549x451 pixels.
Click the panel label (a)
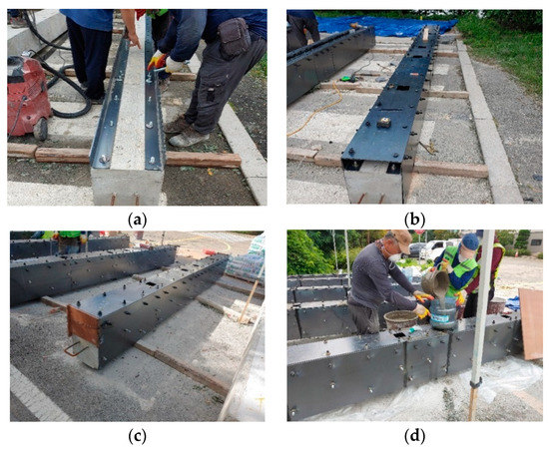pyautogui.click(x=137, y=221)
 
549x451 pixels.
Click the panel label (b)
pyautogui.click(x=414, y=221)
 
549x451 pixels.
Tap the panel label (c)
pyautogui.click(x=137, y=436)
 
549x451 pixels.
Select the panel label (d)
pyautogui.click(x=414, y=436)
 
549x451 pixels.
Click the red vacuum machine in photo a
pyautogui.click(x=27, y=96)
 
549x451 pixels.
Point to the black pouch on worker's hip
pyautogui.click(x=234, y=36)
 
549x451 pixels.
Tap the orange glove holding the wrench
pyautogui.click(x=156, y=61)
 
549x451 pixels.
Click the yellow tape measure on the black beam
pyautogui.click(x=383, y=122)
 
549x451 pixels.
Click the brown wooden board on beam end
pyautogui.click(x=83, y=324)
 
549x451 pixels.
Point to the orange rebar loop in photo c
pyautogui.click(x=74, y=349)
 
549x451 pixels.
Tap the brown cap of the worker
pyautogui.click(x=401, y=239)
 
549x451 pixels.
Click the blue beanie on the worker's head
pyautogui.click(x=470, y=241)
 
